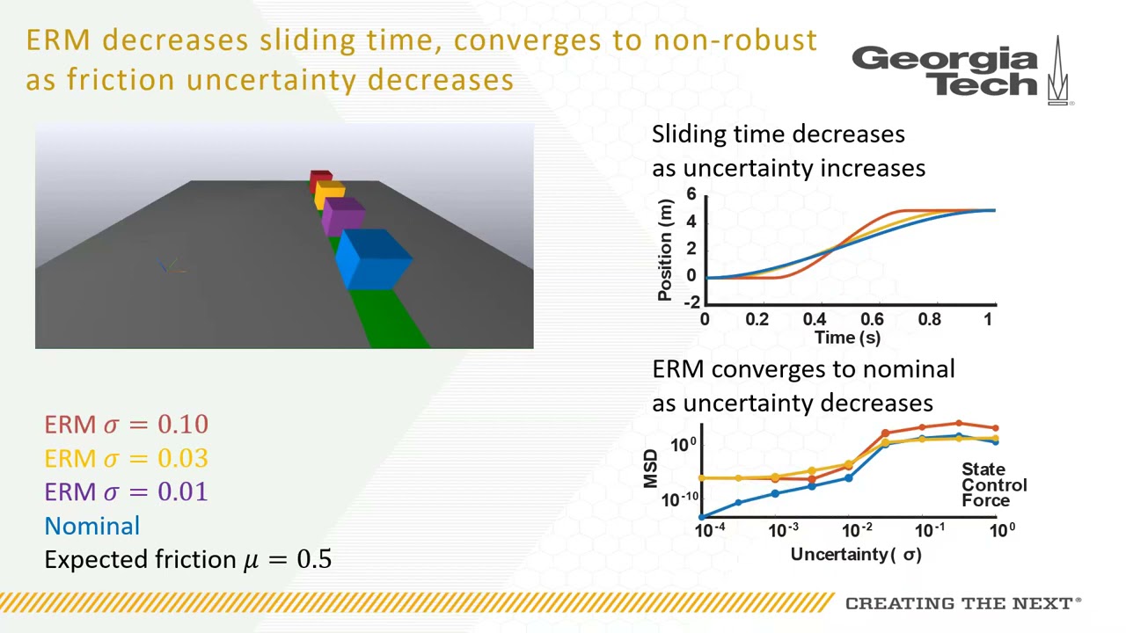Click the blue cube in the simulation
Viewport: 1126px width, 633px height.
374,259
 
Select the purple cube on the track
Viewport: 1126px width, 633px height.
342,216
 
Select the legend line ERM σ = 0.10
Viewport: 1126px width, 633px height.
127,425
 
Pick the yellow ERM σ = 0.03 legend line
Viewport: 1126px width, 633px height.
127,458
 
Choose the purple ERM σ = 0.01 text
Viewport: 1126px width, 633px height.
127,491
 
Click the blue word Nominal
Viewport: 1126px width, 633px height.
92,526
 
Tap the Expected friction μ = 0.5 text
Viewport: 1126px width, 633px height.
187,559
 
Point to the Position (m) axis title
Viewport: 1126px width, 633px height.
666,251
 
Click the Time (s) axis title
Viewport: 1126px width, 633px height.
847,338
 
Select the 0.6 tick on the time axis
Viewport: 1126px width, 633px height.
871,319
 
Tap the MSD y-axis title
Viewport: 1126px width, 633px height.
650,469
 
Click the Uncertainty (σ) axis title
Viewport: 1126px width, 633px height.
856,554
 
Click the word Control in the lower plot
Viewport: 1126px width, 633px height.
994,485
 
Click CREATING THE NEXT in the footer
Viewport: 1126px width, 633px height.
962,603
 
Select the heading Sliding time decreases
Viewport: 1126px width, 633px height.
778,135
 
